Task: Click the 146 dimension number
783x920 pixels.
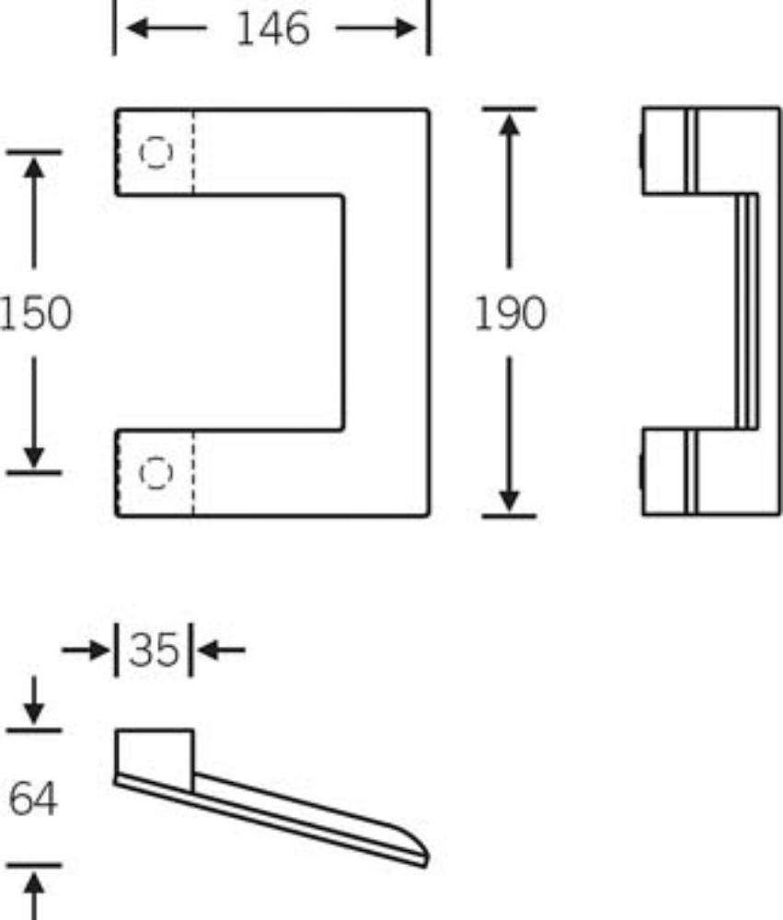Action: [273, 29]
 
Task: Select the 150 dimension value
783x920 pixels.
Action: [35, 313]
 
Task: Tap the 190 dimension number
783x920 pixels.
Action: [510, 314]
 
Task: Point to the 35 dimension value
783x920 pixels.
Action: [154, 650]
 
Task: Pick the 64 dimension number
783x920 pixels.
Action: [33, 799]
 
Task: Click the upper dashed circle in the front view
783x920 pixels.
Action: [156, 152]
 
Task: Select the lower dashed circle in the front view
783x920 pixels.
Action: [156, 472]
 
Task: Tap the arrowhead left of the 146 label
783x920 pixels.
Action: [136, 29]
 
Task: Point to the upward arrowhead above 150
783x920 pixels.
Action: [34, 167]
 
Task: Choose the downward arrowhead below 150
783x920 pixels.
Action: [34, 457]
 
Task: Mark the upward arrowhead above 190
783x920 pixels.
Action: [510, 124]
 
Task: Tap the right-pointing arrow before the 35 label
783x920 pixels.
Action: [86, 650]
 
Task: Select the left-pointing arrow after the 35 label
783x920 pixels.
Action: [221, 650]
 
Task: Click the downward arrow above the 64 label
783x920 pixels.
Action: [34, 700]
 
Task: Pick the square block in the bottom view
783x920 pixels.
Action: [154, 761]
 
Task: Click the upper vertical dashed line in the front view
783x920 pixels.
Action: [193, 152]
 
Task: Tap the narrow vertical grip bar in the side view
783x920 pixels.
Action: [747, 312]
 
